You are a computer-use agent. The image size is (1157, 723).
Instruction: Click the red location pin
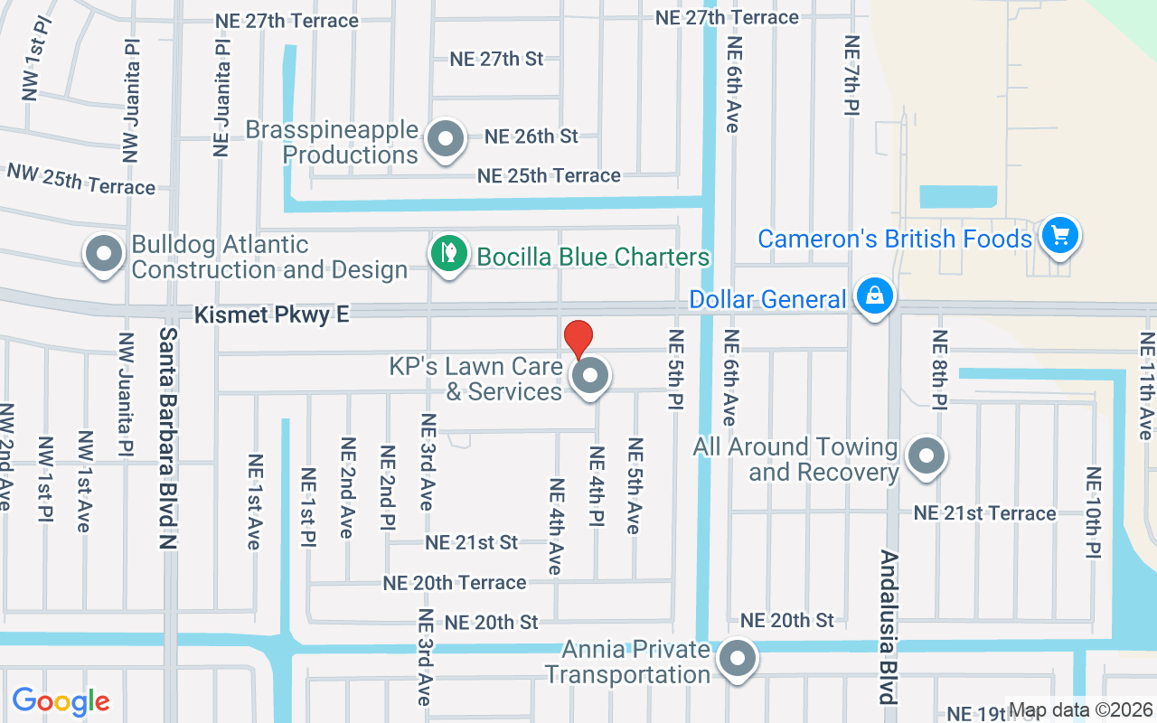[578, 339]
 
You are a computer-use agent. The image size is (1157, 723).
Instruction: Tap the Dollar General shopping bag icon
[874, 296]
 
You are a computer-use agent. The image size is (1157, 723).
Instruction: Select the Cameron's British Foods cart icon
[1060, 236]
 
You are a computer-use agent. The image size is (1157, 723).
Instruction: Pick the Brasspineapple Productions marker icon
[445, 139]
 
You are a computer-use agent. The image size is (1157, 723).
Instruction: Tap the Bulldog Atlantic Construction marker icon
[104, 254]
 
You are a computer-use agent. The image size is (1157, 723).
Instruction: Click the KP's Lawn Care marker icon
[591, 375]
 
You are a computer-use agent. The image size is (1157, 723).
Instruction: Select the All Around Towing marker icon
[926, 456]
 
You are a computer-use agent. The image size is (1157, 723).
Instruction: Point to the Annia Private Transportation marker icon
[737, 660]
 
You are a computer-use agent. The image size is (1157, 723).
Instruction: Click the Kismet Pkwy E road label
[272, 315]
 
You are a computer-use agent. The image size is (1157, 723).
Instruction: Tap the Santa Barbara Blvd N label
[167, 438]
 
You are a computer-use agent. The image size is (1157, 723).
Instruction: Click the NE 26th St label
[531, 136]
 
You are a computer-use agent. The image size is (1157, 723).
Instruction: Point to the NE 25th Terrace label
[549, 175]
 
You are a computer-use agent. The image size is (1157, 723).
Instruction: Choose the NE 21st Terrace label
[984, 513]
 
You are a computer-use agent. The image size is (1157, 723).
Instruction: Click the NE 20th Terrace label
[455, 583]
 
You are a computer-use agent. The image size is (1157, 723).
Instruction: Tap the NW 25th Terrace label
[81, 178]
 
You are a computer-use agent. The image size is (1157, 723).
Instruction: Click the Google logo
[61, 701]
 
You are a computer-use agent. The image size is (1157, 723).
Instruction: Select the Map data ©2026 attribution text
[1081, 709]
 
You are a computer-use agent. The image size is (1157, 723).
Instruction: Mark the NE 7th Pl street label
[851, 75]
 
